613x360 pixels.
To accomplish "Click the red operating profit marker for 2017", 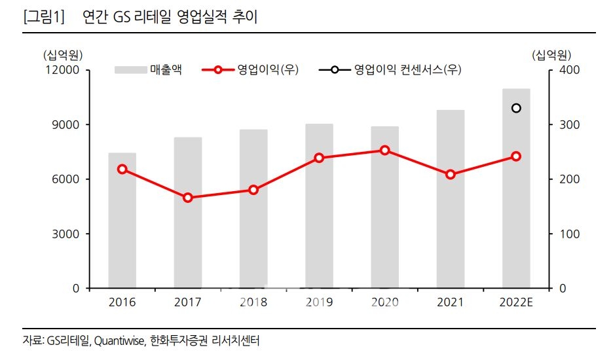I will pyautogui.click(x=188, y=198).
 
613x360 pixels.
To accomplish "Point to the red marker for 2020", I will pyautogui.click(x=384, y=151).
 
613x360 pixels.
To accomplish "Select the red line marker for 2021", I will pyautogui.click(x=451, y=175).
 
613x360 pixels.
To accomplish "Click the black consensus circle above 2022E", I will pyautogui.click(x=516, y=108).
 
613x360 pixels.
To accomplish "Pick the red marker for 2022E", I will pyautogui.click(x=516, y=156).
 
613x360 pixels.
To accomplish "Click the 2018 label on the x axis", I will pyautogui.click(x=253, y=302).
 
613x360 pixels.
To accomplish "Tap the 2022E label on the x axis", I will pyautogui.click(x=516, y=302).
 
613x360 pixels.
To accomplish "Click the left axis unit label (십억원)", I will pyautogui.click(x=62, y=54).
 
